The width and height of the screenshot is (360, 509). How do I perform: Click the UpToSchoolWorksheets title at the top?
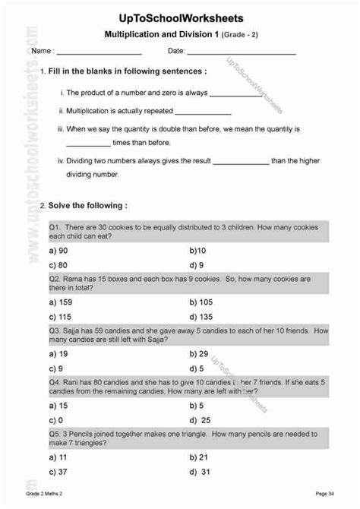[181, 17]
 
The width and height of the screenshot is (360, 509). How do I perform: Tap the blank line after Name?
[99, 53]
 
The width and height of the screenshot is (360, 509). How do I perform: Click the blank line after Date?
[241, 53]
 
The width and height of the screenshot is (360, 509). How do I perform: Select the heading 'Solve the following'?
[87, 205]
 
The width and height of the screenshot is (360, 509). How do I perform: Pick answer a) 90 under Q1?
[59, 249]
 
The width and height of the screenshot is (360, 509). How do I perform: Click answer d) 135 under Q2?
[201, 317]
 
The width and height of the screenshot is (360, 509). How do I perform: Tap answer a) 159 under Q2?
[62, 302]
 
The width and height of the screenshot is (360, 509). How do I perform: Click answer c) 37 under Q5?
[59, 471]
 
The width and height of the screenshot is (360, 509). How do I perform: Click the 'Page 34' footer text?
[326, 495]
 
